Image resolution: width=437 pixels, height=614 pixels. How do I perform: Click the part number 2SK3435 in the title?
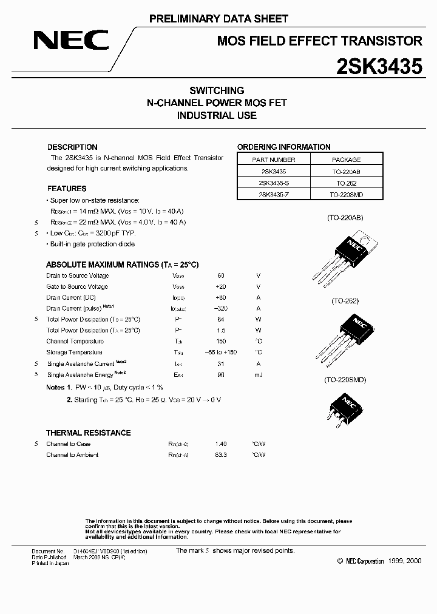pos(379,66)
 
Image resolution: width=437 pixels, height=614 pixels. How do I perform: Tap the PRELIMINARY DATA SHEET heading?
pos(218,19)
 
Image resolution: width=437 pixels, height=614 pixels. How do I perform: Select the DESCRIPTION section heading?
pos(72,147)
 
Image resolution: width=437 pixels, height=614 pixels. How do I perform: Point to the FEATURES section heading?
pos(67,189)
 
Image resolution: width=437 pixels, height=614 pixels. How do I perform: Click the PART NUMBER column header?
pos(273,160)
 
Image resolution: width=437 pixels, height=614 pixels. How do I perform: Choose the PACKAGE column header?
pos(347,160)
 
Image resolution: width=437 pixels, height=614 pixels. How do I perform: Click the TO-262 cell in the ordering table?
pos(347,183)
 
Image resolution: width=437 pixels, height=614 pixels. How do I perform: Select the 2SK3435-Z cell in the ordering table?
pos(273,194)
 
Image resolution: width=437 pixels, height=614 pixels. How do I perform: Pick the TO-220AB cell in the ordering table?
pos(347,172)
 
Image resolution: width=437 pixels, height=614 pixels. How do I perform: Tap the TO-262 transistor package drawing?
pos(347,334)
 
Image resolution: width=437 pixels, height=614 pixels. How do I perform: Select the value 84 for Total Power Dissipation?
pos(220,319)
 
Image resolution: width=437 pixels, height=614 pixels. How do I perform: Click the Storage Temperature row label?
pos(74,352)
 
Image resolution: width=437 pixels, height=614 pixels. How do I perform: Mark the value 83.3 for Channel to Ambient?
pos(220,454)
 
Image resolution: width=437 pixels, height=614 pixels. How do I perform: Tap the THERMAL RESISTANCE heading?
pos(88,433)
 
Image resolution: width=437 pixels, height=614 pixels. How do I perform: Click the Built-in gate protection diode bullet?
pos(92,244)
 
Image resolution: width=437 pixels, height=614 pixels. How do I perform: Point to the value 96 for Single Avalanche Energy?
pos(220,374)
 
